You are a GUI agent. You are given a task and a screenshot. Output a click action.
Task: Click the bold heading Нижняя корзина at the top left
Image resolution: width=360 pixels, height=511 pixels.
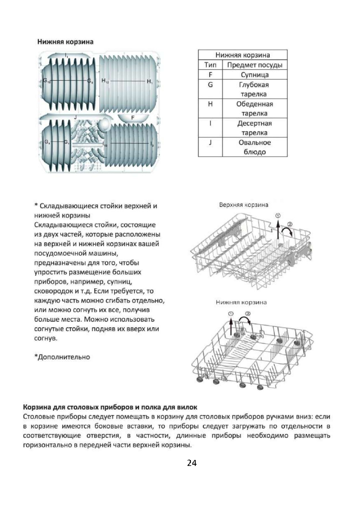(65, 42)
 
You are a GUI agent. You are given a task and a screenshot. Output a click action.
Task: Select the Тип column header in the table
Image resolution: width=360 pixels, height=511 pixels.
(210, 65)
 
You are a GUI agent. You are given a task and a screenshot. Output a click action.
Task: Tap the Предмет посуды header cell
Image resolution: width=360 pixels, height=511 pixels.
(254, 65)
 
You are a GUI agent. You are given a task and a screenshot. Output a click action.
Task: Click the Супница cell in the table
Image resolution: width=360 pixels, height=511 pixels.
(254, 75)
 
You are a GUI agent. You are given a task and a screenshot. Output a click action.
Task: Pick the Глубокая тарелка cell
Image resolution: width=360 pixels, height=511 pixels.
(254, 89)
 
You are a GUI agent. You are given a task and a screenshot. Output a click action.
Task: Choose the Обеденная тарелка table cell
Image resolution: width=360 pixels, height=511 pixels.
(254, 109)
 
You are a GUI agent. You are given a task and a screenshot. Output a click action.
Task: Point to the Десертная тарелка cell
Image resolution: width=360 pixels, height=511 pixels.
(254, 128)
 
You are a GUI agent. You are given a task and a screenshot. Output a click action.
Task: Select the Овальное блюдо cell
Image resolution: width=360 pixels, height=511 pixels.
(254, 147)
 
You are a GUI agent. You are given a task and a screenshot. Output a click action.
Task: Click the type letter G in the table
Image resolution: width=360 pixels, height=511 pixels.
(210, 85)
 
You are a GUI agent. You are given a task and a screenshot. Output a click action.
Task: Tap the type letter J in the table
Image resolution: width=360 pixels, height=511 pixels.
(210, 142)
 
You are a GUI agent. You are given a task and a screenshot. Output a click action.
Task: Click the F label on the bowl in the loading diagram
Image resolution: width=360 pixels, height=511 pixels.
(133, 117)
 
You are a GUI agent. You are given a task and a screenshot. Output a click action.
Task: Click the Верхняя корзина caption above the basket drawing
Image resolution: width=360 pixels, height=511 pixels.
(243, 205)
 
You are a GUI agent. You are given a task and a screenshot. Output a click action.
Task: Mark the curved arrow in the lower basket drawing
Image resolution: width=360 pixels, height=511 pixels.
(244, 320)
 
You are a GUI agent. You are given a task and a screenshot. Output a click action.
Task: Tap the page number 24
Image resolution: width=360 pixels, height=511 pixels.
(192, 463)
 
